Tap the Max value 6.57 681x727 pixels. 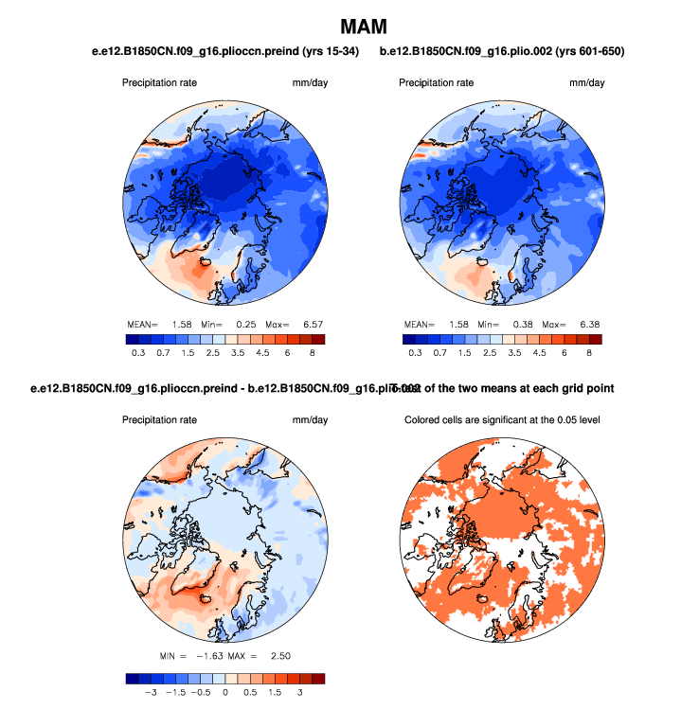314,325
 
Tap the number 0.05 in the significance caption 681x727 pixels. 548,420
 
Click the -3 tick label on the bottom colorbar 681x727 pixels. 147,693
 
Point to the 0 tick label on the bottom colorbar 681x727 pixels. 225,693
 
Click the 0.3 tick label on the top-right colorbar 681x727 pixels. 415,352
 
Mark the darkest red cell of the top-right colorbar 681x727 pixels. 595,338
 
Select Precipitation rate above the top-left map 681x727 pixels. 159,83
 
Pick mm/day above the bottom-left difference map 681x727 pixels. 310,420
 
